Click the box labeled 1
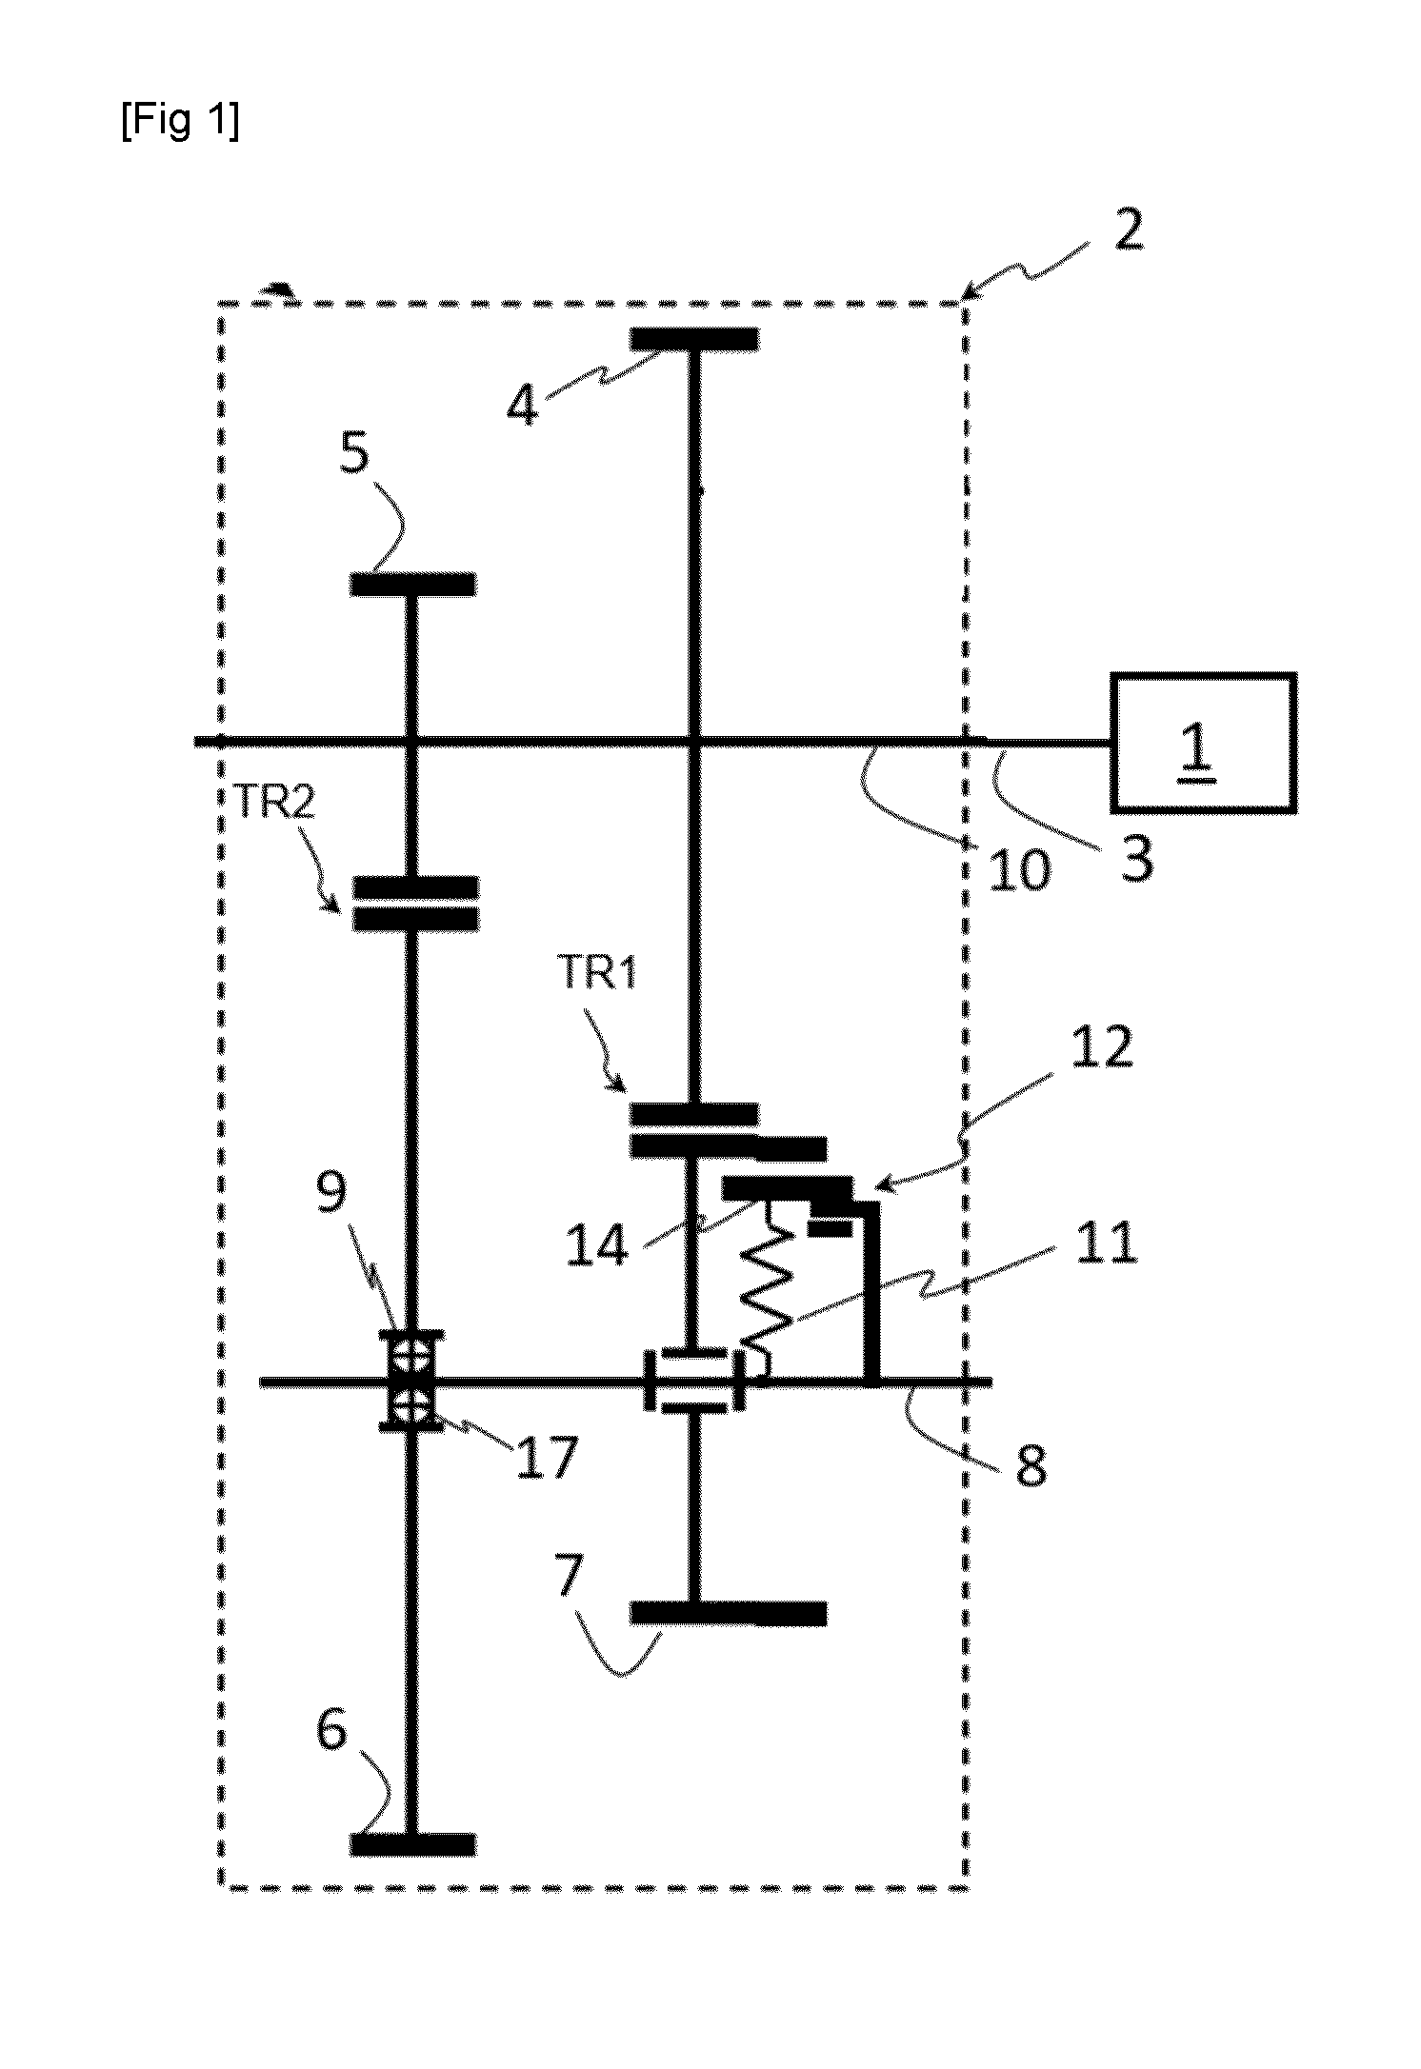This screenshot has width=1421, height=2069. pos(1203,742)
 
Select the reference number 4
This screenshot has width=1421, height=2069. pos(523,406)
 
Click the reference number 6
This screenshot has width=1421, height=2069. pos(332,1730)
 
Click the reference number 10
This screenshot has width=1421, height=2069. pos(1018,868)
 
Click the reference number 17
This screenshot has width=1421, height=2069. pos(547,1458)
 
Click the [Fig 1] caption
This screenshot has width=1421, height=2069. pos(180,122)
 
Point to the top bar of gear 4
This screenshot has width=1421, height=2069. pos(694,340)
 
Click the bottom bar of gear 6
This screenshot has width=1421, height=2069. pos(412,1844)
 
